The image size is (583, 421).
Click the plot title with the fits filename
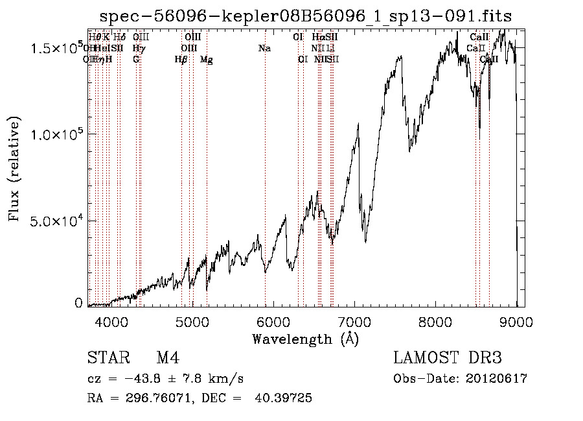coord(306,17)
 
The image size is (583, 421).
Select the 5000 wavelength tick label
coord(192,322)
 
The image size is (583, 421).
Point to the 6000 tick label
coord(273,322)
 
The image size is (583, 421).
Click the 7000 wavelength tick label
coord(354,322)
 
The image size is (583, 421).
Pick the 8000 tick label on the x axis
coord(435,322)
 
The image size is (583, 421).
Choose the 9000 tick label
coord(516,322)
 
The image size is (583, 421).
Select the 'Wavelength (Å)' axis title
coord(305,339)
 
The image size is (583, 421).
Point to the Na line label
coord(264,49)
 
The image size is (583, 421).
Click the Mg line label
coord(207,60)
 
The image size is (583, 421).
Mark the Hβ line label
coord(181,60)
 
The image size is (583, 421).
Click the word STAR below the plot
coord(107,358)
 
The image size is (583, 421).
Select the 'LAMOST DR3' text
coord(447,358)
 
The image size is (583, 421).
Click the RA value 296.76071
coord(156,398)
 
